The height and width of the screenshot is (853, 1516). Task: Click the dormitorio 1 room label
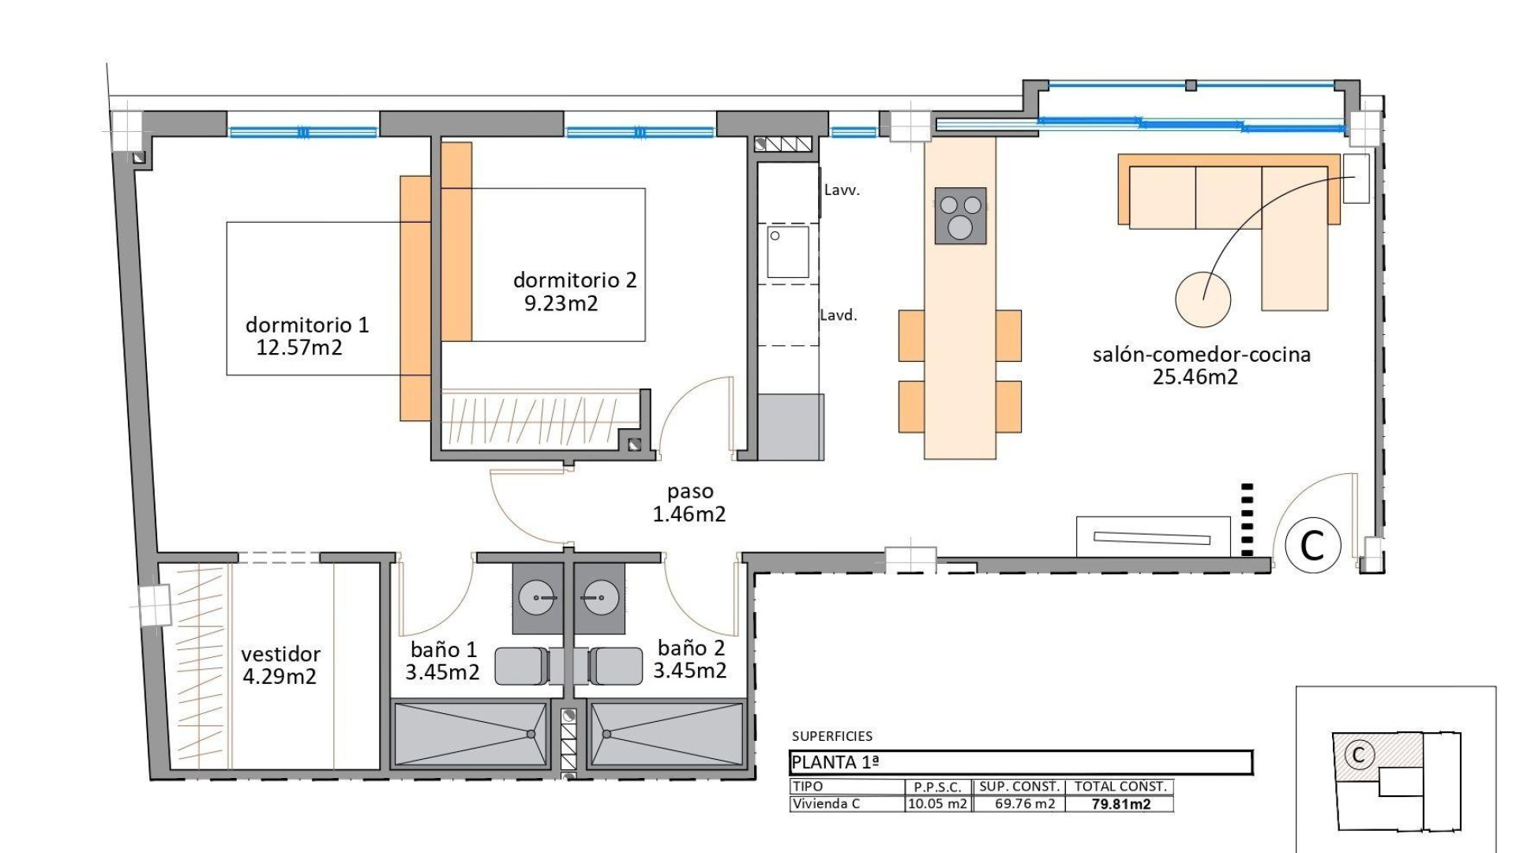[307, 325]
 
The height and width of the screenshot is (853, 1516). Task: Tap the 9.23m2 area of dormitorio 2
[561, 304]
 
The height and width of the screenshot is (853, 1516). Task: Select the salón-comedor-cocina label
[1201, 355]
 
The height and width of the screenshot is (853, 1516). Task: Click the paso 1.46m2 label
[689, 503]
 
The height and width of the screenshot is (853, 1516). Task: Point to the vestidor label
[280, 654]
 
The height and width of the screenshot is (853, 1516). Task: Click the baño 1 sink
[537, 598]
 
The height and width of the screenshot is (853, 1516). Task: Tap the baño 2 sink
[600, 598]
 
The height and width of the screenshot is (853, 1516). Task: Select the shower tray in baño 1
[471, 734]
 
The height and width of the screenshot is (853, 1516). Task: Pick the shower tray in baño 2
[667, 734]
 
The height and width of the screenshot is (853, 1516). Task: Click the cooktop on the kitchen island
[960, 216]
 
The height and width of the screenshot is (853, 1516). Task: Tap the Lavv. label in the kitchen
[842, 190]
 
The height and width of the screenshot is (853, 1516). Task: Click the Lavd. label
[839, 315]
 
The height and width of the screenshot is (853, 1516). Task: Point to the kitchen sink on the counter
[788, 252]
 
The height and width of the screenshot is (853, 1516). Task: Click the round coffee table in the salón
[1203, 299]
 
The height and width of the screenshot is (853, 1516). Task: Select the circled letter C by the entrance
[1312, 545]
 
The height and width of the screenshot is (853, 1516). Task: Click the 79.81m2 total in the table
[1120, 804]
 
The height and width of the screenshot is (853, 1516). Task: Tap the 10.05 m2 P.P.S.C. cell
[937, 804]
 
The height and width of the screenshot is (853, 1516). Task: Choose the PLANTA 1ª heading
[835, 762]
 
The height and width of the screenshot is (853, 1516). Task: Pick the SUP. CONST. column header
[1019, 787]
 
